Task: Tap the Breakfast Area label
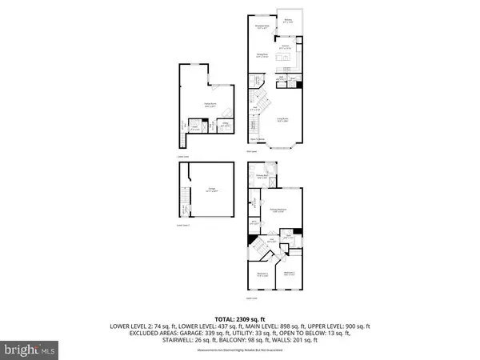click(x=260, y=28)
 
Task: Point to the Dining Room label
click(x=260, y=57)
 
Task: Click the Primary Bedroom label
click(x=279, y=210)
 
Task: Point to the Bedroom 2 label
click(x=263, y=274)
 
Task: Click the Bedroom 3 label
click(x=290, y=274)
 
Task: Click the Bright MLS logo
click(x=30, y=350)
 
